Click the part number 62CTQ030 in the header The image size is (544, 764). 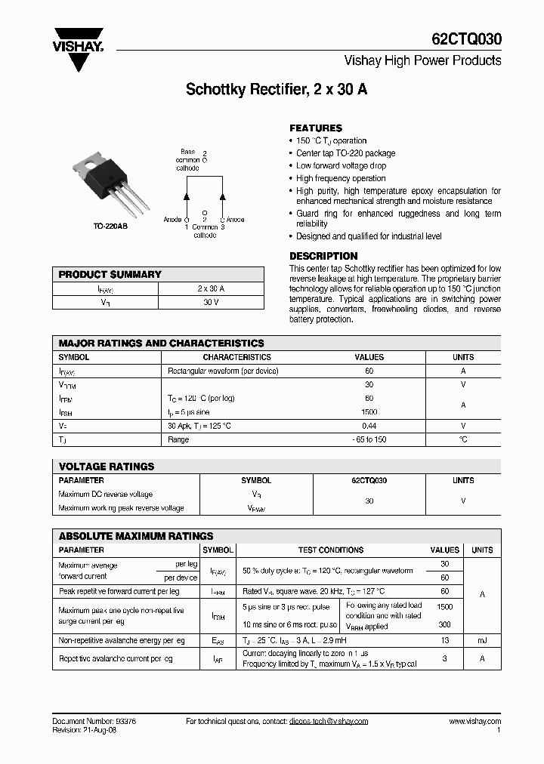pos(469,39)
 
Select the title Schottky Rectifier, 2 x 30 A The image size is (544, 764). pos(277,89)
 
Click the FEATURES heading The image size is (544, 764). pos(316,128)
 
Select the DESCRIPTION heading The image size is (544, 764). pos(323,256)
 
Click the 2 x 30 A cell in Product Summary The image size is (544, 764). pos(211,288)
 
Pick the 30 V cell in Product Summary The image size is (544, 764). pos(211,302)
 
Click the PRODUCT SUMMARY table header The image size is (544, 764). pos(110,275)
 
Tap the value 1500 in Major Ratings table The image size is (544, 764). pos(369,412)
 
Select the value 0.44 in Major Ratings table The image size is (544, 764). pos(369,426)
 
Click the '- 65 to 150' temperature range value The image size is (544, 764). pos(369,439)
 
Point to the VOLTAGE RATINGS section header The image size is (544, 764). pos(107,467)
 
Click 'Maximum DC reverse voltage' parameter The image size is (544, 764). pos(106,494)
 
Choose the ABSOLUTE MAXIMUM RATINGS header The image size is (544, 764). pos(136,535)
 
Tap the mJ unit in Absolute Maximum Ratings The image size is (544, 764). pos(481,640)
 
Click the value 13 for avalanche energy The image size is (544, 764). pos(445,640)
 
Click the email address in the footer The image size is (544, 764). pos(328,721)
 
